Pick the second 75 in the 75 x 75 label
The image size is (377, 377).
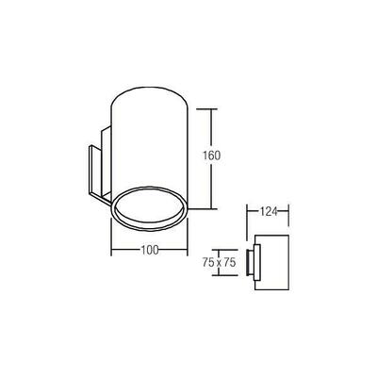pyautogui.click(x=232, y=263)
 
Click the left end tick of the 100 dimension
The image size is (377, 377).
pyautogui.click(x=112, y=251)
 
